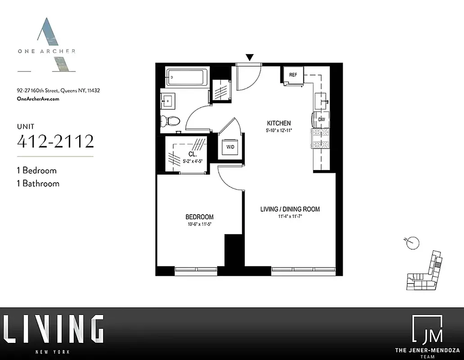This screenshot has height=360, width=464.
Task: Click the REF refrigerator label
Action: [x=293, y=75]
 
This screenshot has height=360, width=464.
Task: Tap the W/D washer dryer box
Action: [x=230, y=147]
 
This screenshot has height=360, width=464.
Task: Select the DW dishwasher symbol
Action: [x=321, y=119]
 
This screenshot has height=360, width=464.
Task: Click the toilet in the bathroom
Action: [x=171, y=121]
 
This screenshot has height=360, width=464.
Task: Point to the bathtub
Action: [x=186, y=77]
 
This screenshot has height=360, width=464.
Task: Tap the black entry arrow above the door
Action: [x=250, y=57]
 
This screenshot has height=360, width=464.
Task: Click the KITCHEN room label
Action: [x=279, y=123]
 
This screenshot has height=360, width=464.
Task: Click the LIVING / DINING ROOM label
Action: [x=290, y=209]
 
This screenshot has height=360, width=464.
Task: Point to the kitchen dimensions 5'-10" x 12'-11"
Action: [x=279, y=131]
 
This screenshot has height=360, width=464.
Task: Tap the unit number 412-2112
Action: [x=55, y=141]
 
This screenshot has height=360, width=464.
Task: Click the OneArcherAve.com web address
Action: [x=38, y=99]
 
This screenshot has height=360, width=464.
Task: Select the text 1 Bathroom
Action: [x=38, y=183]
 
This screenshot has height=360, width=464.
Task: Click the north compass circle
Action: [x=413, y=243]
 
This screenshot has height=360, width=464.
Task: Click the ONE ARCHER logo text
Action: [x=46, y=51]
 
